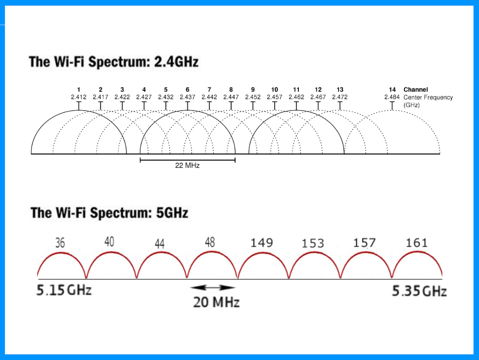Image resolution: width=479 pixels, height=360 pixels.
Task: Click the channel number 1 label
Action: tap(79, 90)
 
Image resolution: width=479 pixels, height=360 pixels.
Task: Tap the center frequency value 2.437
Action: tap(187, 97)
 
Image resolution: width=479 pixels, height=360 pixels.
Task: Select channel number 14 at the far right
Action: tap(392, 90)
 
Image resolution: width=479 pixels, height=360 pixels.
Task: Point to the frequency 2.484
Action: tap(392, 97)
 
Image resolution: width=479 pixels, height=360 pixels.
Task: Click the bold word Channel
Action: tap(415, 90)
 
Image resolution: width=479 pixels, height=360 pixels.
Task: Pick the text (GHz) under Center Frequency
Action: tap(411, 105)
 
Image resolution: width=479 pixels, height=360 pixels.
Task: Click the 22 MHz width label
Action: tap(187, 165)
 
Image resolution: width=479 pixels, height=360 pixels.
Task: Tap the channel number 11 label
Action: tap(296, 90)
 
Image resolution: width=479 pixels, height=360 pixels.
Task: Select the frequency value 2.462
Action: tap(296, 97)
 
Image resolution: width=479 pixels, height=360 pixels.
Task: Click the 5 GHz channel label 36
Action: tap(60, 243)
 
